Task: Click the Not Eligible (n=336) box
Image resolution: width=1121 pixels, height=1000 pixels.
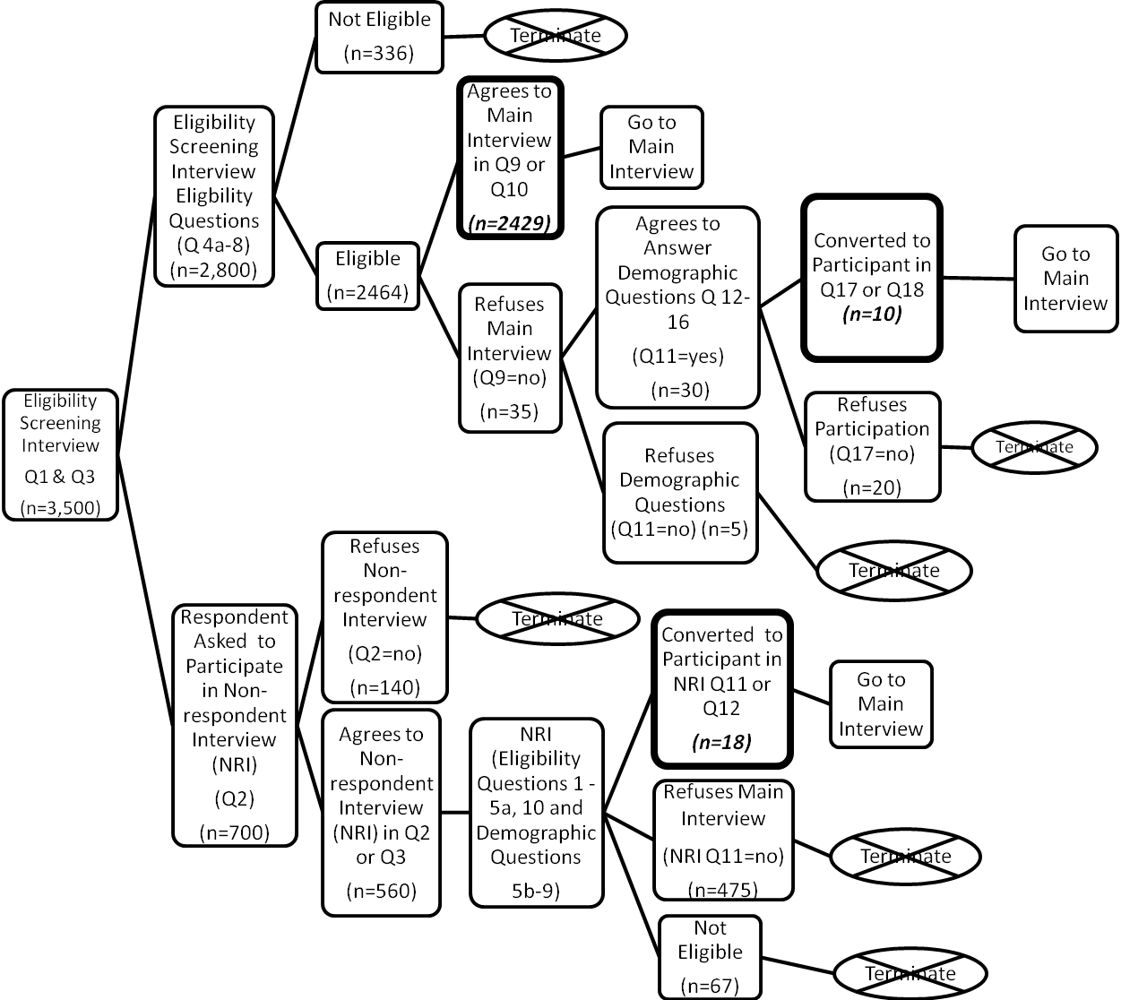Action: [x=379, y=37]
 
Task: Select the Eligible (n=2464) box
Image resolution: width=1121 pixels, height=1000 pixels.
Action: [x=367, y=275]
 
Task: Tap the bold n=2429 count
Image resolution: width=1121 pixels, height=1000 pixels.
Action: [x=509, y=222]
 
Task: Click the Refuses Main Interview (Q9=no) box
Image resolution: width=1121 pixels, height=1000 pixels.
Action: [x=509, y=357]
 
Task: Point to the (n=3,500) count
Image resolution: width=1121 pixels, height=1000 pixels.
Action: [x=60, y=508]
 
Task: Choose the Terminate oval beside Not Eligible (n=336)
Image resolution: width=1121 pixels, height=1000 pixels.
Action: [x=555, y=36]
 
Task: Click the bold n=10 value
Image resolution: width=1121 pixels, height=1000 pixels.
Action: [x=871, y=314]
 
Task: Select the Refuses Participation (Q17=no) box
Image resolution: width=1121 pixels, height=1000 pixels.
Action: [x=872, y=445]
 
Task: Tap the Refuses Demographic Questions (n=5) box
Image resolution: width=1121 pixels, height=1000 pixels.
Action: [x=679, y=492]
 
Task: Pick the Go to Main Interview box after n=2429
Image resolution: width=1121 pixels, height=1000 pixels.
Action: [x=651, y=147]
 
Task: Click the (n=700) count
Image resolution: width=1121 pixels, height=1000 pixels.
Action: [x=234, y=832]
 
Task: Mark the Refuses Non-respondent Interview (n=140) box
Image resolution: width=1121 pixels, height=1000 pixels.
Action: [x=384, y=616]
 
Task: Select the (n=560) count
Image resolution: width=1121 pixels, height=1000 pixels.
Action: [x=381, y=891]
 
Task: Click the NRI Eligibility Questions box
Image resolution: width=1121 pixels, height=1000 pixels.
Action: [x=536, y=812]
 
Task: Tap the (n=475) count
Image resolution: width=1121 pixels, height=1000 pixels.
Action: [x=722, y=889]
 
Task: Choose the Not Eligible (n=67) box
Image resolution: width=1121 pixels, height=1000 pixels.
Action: [x=710, y=957]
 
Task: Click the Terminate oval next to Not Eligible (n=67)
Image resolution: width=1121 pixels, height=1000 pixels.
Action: [x=910, y=973]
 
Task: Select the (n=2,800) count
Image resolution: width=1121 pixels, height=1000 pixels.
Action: [x=214, y=269]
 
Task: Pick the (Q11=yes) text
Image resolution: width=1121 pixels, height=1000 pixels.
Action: [x=677, y=356]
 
